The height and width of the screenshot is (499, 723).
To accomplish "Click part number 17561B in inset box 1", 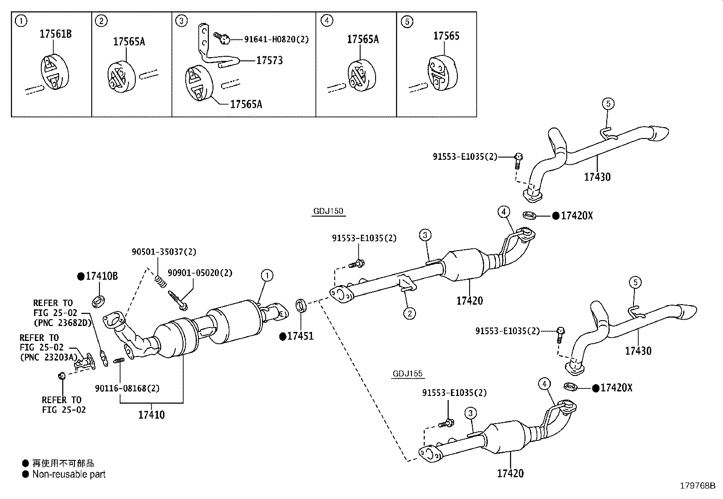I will coord(56,34).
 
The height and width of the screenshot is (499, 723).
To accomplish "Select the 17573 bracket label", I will coord(269,60).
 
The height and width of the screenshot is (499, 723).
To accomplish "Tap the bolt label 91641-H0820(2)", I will coord(276,40).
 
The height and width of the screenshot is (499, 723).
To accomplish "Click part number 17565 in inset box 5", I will coord(446,36).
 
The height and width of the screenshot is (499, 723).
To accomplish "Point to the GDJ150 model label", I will coord(328,211).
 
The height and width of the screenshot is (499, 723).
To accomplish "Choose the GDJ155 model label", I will coord(407,374).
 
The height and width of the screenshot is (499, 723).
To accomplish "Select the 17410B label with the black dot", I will coord(102,276).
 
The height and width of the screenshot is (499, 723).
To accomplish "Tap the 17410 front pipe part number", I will coord(151,415).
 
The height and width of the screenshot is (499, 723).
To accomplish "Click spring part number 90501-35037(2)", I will coord(164,252).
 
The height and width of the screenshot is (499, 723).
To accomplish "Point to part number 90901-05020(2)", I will coord(200,273).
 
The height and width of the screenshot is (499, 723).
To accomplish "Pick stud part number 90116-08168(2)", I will coord(127,389).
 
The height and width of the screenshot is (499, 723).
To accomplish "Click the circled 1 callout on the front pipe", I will coord(267,275).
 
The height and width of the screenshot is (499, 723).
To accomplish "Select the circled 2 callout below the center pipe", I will coord(409,313).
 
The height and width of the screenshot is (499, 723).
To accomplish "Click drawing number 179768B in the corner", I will coord(697,485).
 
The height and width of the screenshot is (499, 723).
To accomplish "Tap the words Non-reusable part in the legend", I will coord(69,474).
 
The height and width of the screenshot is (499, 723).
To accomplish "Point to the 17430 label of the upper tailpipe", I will coord(597,177).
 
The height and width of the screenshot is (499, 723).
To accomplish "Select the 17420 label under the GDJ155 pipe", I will coord(510,474).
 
